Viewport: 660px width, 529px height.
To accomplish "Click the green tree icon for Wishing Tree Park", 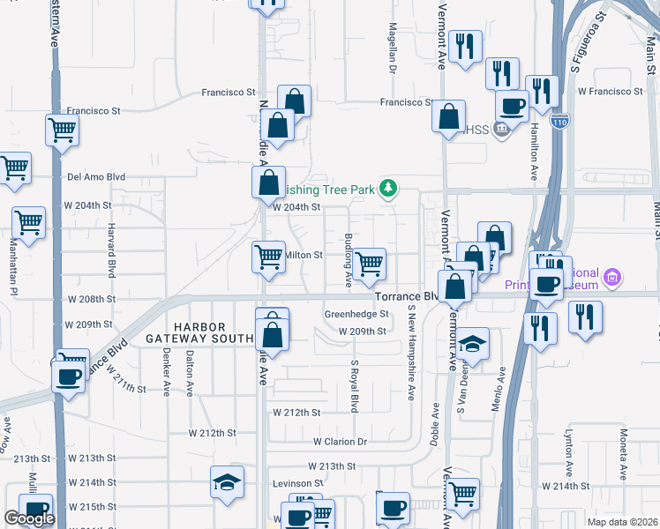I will click(386, 188).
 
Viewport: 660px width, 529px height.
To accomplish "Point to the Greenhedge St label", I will click(356, 314).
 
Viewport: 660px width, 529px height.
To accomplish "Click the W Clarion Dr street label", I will click(340, 442).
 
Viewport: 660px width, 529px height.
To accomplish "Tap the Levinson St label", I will click(297, 483).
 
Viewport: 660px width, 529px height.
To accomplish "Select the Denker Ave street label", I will click(167, 375).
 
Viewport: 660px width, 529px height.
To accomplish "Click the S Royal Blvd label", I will click(355, 386).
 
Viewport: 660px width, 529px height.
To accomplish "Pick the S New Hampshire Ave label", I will click(411, 354).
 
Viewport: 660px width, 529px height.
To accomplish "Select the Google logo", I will click(29, 518).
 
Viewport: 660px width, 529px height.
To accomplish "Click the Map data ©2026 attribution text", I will click(623, 521).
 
